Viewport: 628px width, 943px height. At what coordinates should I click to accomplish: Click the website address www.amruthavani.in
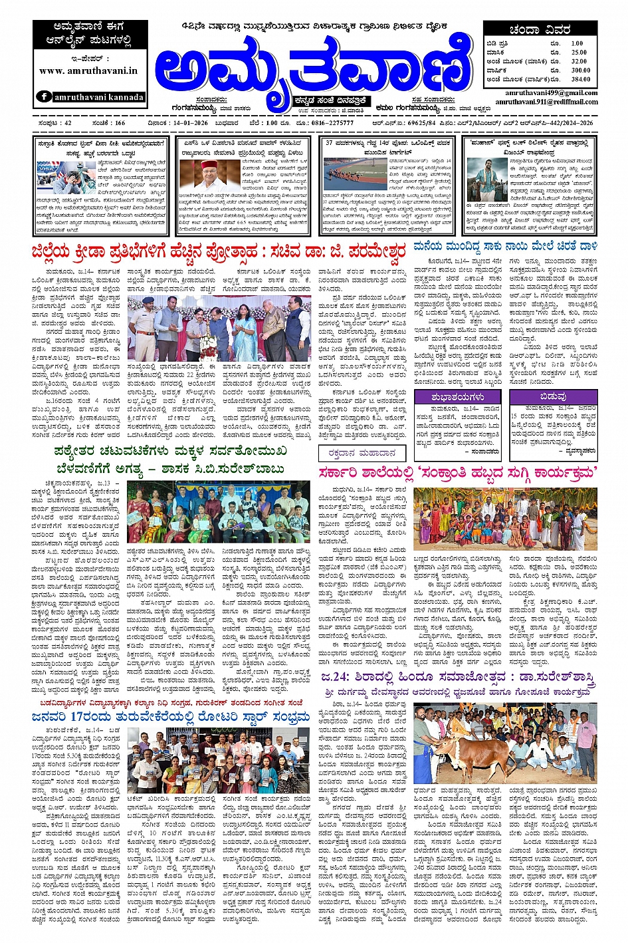pyautogui.click(x=88, y=70)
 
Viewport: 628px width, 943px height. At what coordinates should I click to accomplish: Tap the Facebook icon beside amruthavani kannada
pyautogui.click(x=45, y=96)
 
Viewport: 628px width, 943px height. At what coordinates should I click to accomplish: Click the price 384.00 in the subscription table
pyautogui.click(x=579, y=79)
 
